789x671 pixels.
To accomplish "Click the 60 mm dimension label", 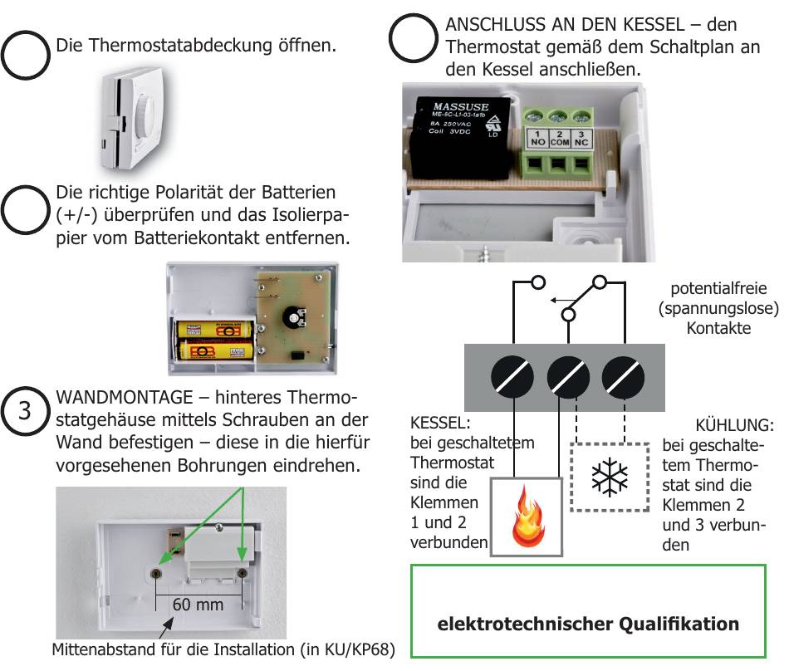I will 198,605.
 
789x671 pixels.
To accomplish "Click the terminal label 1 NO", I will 537,139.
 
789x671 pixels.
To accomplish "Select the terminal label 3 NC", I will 583,139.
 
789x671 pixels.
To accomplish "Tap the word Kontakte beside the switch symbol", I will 718,328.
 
